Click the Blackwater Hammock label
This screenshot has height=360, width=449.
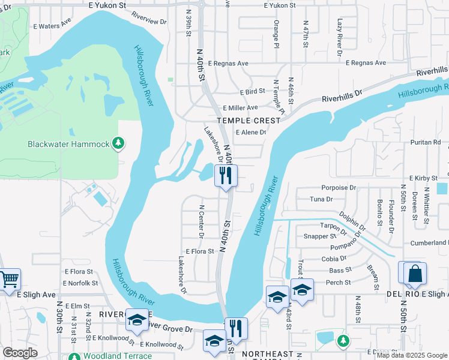tap(69, 144)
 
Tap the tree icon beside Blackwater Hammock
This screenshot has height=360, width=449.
tap(119, 143)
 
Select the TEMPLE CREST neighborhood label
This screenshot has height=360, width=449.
tap(249, 121)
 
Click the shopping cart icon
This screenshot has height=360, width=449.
tap(9, 279)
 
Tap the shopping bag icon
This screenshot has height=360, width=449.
tap(415, 273)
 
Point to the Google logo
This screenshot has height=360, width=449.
tap(20, 353)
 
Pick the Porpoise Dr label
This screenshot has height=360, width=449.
tap(339, 188)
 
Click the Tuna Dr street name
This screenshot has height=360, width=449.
tap(321, 199)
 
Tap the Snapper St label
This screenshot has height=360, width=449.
tap(316, 236)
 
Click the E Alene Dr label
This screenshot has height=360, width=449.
tap(251, 133)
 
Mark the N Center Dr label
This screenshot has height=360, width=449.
tap(201, 221)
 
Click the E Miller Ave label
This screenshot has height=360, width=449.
tap(240, 108)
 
